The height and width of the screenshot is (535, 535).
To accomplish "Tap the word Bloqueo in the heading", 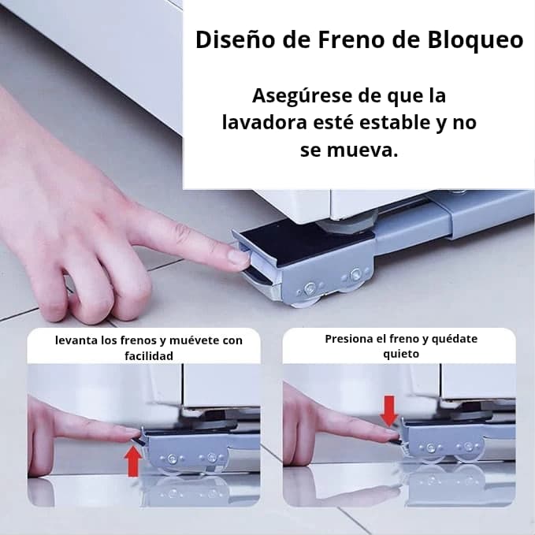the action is coord(475,41).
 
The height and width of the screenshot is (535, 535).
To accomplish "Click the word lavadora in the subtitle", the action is coord(265,122).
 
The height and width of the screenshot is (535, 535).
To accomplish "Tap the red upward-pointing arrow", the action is coord(133,461).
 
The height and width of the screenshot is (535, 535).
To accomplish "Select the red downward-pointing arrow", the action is coord(389,411).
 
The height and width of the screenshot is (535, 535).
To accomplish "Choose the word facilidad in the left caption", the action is coord(149,356).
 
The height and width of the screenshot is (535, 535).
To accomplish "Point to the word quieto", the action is coord(401,354).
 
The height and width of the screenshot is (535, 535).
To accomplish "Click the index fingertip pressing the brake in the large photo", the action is coord(240,258).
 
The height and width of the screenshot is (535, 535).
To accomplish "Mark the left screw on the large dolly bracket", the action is coord(310,288).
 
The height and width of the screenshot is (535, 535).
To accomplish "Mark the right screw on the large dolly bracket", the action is coord(356,274).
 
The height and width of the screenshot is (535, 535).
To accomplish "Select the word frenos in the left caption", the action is coord(139,340).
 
